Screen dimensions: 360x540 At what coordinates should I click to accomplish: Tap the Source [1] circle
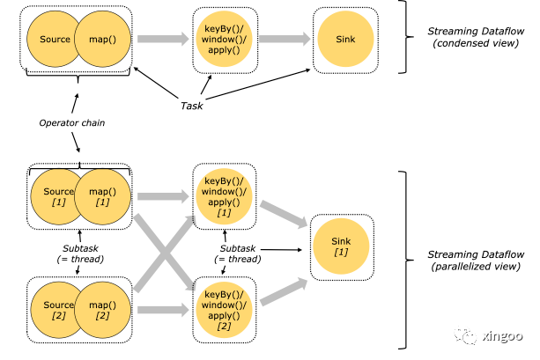click(57, 199)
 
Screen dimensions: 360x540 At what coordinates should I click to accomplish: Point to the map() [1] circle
click(102, 199)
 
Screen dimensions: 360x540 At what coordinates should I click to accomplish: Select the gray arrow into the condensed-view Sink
click(283, 40)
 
